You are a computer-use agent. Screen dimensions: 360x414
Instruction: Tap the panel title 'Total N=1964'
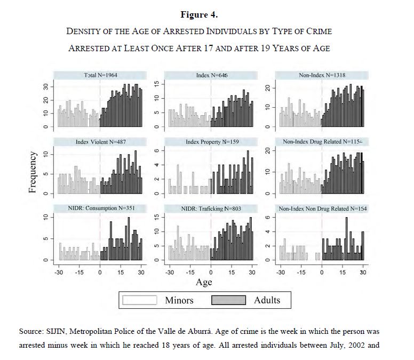(100, 75)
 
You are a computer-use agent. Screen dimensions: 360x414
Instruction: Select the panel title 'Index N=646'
(211, 75)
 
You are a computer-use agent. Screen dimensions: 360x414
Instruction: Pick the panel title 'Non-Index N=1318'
(322, 75)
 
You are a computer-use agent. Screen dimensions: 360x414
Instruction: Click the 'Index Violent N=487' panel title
(100, 142)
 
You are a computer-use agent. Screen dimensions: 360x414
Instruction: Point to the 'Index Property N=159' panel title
(211, 142)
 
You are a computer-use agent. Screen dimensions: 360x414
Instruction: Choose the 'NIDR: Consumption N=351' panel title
(100, 208)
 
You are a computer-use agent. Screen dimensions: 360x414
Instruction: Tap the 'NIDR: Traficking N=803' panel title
(211, 208)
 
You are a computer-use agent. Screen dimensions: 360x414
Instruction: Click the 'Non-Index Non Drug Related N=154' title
(322, 208)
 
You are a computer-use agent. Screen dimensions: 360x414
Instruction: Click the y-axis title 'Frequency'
(33, 172)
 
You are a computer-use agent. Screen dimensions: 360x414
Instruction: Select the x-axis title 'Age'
(204, 282)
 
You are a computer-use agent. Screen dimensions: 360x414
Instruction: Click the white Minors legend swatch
(140, 300)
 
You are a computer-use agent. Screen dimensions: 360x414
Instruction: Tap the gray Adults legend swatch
(229, 300)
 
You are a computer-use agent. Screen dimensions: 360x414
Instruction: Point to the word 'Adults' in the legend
(267, 300)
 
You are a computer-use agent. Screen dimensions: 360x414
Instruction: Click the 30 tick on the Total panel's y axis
(46, 86)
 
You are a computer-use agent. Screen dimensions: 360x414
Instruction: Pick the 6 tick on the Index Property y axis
(157, 151)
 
